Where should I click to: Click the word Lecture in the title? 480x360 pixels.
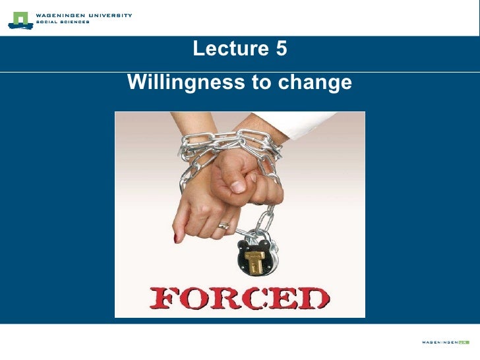[x=227, y=49]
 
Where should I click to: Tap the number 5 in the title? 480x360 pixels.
[x=282, y=49]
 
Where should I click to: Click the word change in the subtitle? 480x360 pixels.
[x=316, y=84]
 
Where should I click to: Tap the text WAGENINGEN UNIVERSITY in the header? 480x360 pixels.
[x=84, y=15]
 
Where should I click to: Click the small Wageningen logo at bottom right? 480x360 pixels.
[x=446, y=342]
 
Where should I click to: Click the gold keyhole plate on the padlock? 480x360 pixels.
[x=255, y=260]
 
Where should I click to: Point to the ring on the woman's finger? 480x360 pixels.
[x=224, y=225]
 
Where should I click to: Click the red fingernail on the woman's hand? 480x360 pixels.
[x=176, y=237]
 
